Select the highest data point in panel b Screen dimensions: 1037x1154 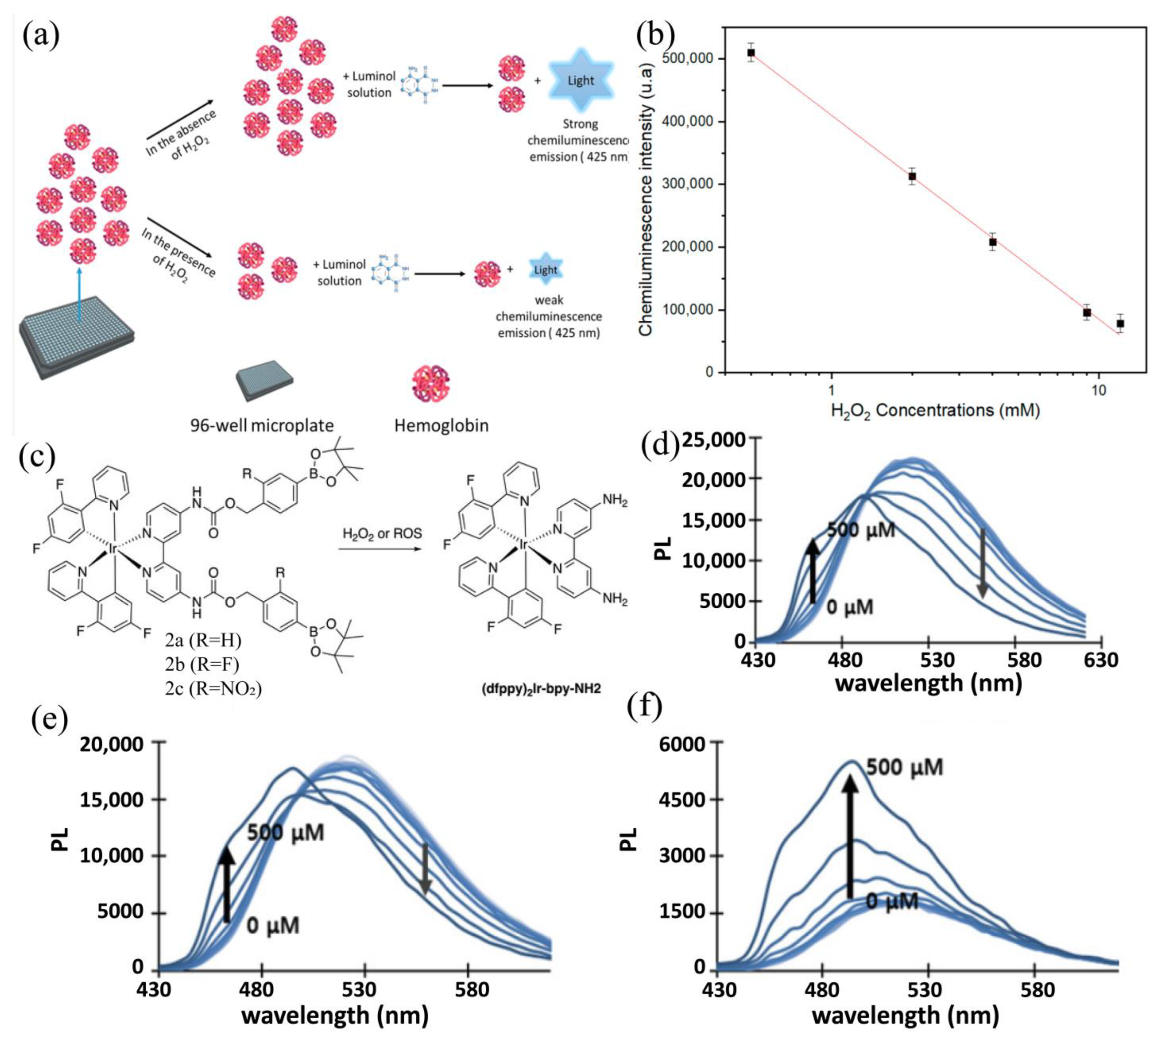tap(751, 52)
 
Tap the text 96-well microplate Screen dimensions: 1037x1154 tap(261, 425)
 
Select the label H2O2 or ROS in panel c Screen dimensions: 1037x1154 tap(382, 533)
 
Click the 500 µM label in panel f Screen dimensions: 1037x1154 tap(904, 767)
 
